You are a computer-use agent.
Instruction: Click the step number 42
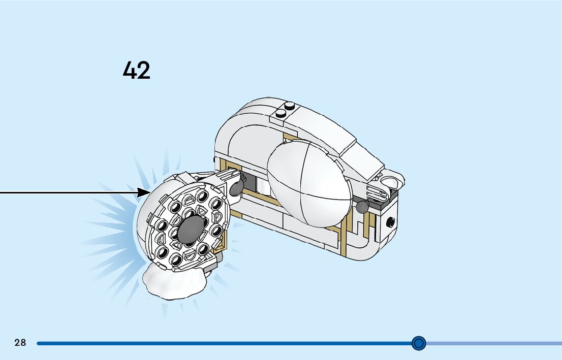click(x=136, y=70)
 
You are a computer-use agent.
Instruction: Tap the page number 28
click(x=20, y=343)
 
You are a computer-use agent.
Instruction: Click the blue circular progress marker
click(x=418, y=343)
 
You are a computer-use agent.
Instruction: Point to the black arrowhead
click(x=144, y=192)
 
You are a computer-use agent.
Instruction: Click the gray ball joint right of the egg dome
click(x=361, y=207)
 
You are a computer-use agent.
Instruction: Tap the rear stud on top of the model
click(x=290, y=106)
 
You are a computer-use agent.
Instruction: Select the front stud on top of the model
click(x=279, y=113)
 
